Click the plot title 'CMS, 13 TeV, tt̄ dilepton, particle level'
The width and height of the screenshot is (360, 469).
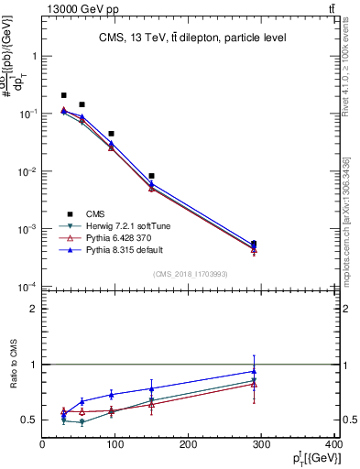click(192, 38)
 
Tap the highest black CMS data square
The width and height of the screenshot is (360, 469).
click(63, 95)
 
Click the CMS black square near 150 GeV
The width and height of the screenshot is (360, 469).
click(151, 175)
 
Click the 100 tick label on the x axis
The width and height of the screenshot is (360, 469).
click(115, 446)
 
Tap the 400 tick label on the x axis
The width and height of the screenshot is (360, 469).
click(334, 446)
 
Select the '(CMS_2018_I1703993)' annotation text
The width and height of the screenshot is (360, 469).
click(190, 273)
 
